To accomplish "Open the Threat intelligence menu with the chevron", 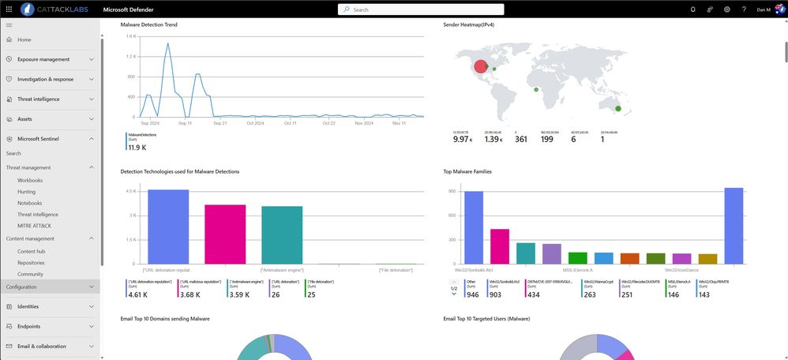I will tap(92, 99).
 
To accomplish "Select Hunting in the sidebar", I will tap(27, 192).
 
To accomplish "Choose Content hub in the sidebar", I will tap(31, 251).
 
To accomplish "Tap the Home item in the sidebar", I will tap(24, 39).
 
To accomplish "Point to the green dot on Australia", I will tap(618, 108).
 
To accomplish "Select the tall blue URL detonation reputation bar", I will tap(168, 227).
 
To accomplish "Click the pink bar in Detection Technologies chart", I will tap(225, 234).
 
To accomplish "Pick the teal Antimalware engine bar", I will tap(282, 235).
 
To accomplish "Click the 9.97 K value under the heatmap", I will tap(461, 139).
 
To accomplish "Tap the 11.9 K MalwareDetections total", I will tap(137, 148).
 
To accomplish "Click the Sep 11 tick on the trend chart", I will tap(186, 123).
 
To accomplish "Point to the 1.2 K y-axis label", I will tap(132, 57).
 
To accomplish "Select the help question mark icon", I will tap(743, 9).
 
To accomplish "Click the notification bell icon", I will tap(692, 9).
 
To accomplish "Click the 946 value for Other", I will tap(473, 294).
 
